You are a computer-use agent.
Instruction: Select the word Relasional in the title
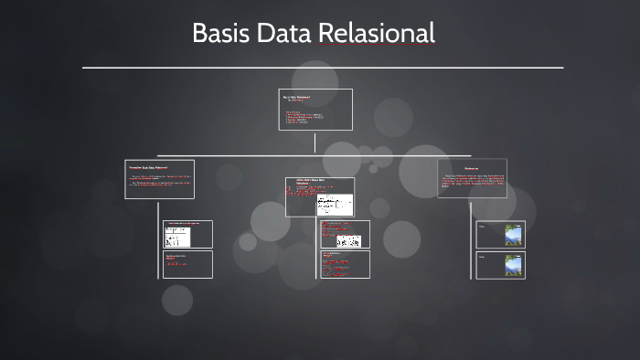pyautogui.click(x=376, y=34)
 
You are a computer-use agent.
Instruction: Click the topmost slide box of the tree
pyautogui.click(x=315, y=110)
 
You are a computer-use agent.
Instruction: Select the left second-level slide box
pyautogui.click(x=159, y=179)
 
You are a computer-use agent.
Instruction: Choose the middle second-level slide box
pyautogui.click(x=319, y=196)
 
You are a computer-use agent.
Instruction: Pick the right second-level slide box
pyautogui.click(x=472, y=178)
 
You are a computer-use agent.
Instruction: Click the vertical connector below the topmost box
pyautogui.click(x=315, y=143)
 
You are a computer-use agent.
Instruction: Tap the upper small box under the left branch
pyautogui.click(x=187, y=234)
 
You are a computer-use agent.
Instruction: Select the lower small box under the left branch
pyautogui.click(x=187, y=264)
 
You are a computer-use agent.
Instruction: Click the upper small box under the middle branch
pyautogui.click(x=345, y=234)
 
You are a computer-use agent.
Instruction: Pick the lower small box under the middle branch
pyautogui.click(x=345, y=264)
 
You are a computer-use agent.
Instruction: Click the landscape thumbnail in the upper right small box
pyautogui.click(x=514, y=235)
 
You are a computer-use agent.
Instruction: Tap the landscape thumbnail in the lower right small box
pyautogui.click(x=514, y=265)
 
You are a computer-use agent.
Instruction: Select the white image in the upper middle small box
pyautogui.click(x=347, y=241)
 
